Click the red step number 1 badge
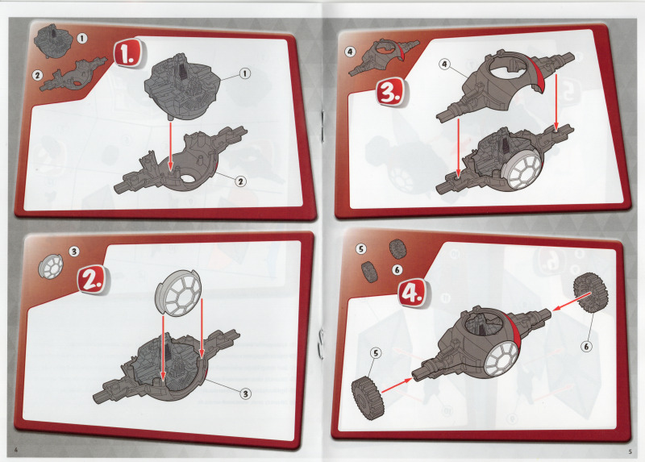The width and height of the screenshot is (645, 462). tap(129, 53)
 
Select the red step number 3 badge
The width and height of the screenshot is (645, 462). tap(391, 92)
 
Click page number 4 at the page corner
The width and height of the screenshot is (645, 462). tap(16, 450)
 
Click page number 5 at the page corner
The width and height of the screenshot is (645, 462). tap(630, 452)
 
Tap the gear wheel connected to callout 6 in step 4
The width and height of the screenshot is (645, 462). tap(589, 293)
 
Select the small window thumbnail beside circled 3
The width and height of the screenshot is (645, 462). tap(50, 267)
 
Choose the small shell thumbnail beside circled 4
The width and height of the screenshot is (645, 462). tap(383, 56)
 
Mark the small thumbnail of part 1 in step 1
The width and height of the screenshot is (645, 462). tap(53, 40)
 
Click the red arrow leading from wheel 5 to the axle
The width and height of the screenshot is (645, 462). tap(397, 385)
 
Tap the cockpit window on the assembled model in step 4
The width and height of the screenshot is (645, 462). tap(502, 359)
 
